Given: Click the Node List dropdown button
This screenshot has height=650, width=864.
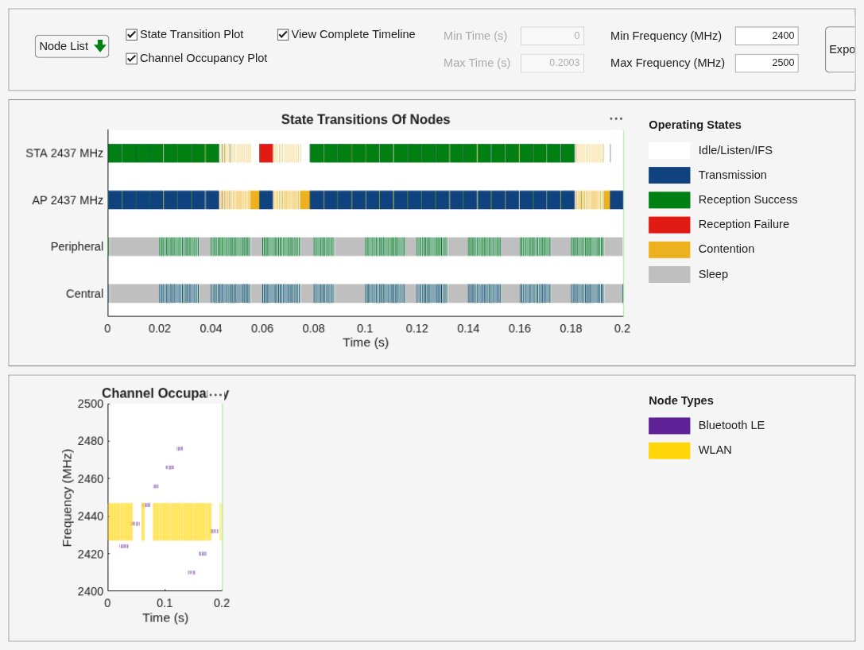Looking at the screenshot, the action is pos(72,46).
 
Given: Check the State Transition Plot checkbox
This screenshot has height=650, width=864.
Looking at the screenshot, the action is pos(131,35).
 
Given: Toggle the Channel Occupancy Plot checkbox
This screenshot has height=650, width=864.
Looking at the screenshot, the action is pos(131,58).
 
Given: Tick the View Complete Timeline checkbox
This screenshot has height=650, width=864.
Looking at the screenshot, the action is pos(283,35).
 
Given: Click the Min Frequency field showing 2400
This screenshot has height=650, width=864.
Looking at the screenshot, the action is pos(766,36).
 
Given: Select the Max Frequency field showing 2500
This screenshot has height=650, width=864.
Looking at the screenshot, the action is pos(766,63).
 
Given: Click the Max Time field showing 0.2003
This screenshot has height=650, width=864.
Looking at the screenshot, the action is pos(552,63).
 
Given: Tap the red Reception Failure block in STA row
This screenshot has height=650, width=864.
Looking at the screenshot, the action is pos(266,153).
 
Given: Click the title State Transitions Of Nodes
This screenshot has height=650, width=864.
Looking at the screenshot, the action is pos(366,119).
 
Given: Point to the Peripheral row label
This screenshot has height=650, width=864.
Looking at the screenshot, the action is pos(76,246).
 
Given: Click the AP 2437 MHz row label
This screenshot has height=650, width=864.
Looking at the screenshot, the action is pos(68,200).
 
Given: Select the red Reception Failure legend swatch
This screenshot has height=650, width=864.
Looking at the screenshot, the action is pos(669,225).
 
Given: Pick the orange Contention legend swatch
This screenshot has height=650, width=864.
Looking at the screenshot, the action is pos(669,250).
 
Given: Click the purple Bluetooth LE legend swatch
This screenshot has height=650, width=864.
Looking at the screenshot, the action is pos(669,426).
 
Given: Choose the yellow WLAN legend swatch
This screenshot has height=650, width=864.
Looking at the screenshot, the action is pos(669,451).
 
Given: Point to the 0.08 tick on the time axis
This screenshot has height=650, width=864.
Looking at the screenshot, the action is pos(313,329).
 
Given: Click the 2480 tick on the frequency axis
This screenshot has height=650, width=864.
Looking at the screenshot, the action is pos(91,441).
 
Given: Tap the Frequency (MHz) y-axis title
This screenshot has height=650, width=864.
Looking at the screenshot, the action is pos(68,498).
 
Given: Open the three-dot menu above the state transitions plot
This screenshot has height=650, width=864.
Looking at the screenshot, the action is pos(616,118).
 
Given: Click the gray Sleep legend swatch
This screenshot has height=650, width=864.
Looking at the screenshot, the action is pos(669,274).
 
